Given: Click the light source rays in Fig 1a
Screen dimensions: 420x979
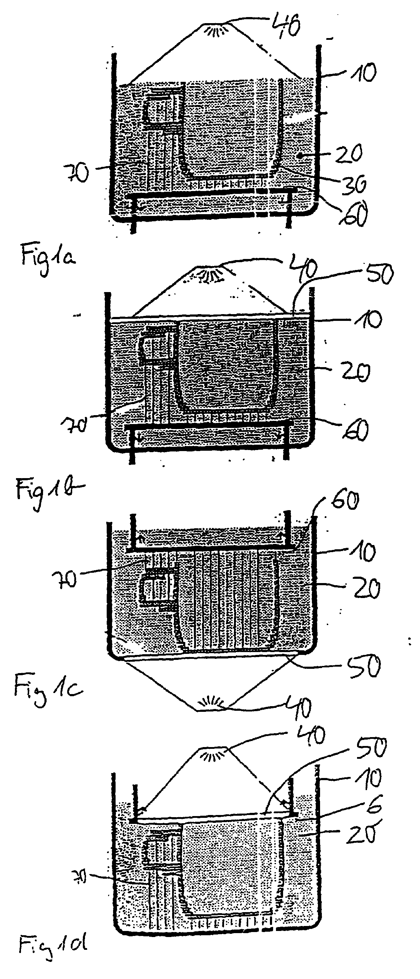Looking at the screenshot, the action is pyautogui.click(x=214, y=30).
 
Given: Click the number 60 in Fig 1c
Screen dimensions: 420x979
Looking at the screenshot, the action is pyautogui.click(x=345, y=502).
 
